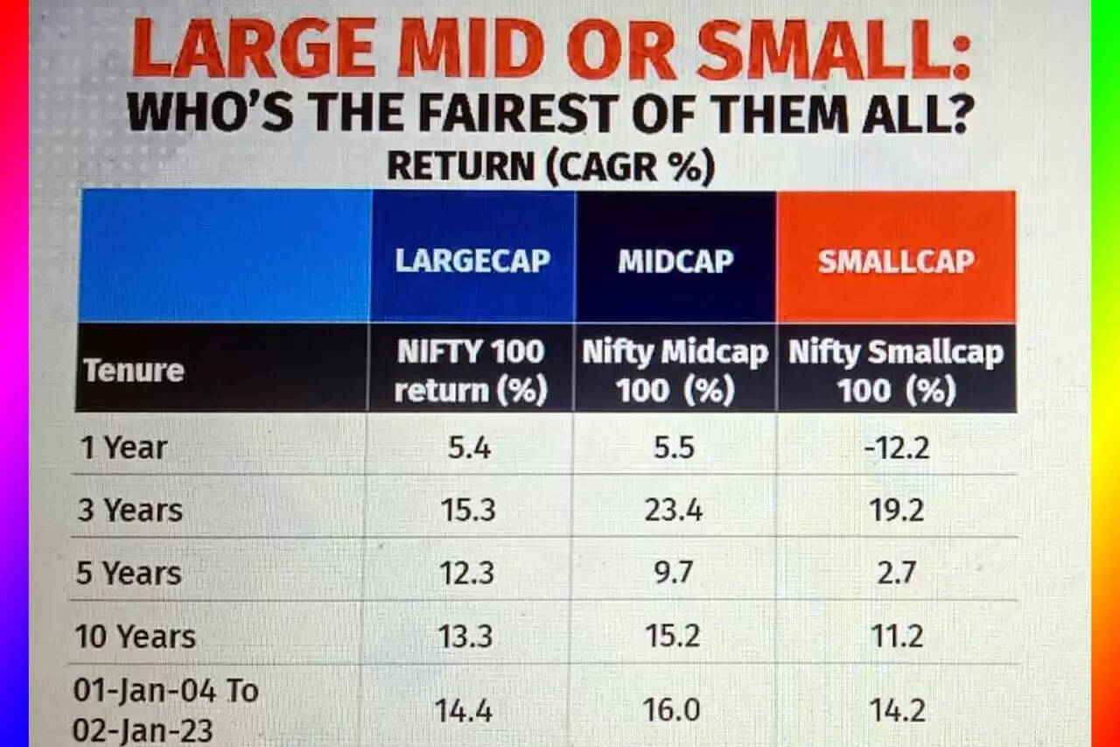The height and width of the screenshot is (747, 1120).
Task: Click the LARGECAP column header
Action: coord(472,261)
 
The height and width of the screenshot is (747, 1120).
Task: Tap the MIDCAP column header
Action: coord(675,261)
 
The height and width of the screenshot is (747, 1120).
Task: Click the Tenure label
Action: coord(134,370)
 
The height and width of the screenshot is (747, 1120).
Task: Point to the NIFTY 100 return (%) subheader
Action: coord(471,370)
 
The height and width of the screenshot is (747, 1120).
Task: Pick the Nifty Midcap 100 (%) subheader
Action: coord(675,370)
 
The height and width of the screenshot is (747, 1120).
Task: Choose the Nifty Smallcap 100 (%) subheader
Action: coord(896,370)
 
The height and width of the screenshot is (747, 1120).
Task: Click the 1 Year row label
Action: coord(122,448)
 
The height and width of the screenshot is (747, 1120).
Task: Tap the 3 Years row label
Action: coord(130,511)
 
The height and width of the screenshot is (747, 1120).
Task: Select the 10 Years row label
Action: coord(136,637)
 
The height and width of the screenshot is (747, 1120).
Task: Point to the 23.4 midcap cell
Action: coord(674,511)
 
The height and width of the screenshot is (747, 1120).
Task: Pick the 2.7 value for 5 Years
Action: coord(897,574)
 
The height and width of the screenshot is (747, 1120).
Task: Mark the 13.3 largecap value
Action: coord(466,637)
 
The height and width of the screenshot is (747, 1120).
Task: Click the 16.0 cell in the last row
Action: coord(674,710)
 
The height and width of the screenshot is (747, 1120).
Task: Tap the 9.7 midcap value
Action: coord(674,574)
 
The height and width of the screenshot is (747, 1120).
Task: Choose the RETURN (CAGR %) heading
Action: coord(550,166)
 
